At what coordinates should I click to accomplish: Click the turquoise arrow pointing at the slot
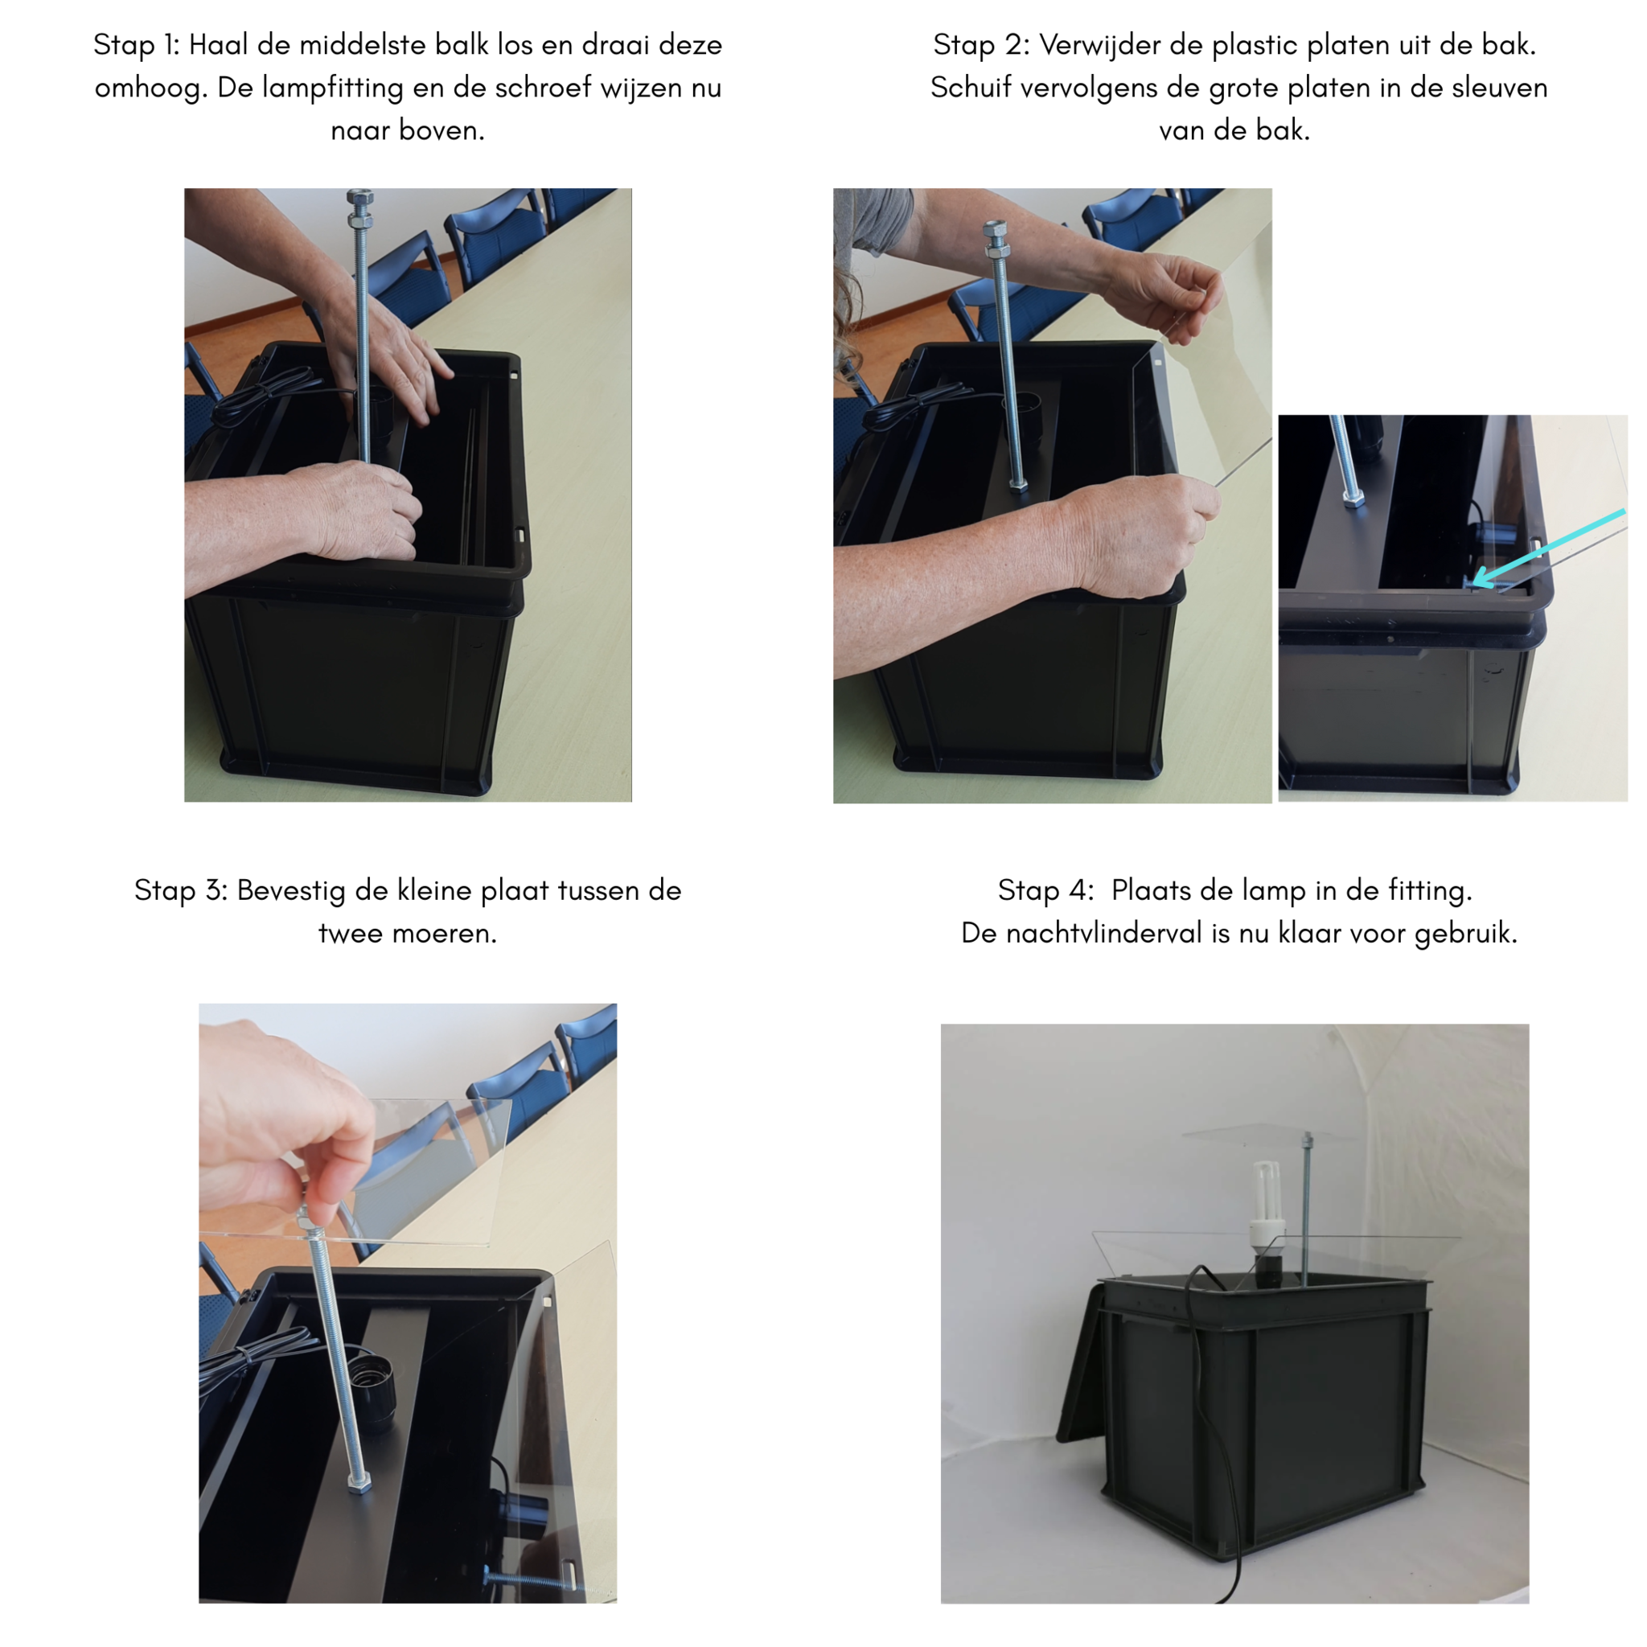click(x=1548, y=548)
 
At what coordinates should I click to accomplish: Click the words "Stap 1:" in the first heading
click(x=137, y=44)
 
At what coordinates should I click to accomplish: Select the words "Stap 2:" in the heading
click(x=981, y=44)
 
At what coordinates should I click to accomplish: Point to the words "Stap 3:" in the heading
click(x=181, y=890)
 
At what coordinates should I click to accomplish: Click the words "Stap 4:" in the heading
click(x=1046, y=890)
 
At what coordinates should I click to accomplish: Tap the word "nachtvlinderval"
click(x=1107, y=933)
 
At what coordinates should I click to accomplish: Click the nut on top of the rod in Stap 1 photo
click(x=359, y=199)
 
